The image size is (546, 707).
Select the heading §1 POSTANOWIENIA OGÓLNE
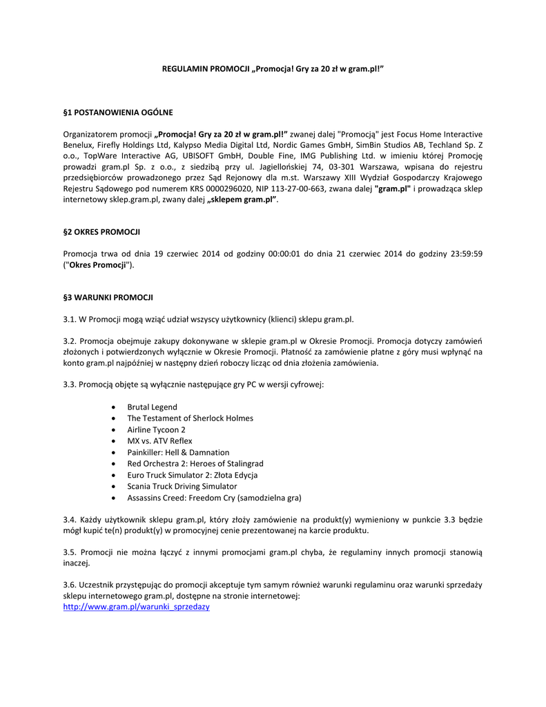(118, 111)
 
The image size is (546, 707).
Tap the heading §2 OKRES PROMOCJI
(101, 231)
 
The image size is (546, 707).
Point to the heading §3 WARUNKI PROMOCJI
(108, 297)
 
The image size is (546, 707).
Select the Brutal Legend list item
(152, 407)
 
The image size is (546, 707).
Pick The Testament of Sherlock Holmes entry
(190, 418)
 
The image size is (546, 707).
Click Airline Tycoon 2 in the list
(156, 429)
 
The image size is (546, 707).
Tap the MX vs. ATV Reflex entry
(159, 440)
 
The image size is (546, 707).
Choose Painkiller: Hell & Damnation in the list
(178, 452)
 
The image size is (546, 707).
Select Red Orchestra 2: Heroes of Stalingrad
(195, 463)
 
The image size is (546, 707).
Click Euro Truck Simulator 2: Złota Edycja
(193, 474)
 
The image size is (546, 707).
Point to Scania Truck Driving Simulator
(182, 486)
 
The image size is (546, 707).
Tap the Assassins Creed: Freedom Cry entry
(214, 497)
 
